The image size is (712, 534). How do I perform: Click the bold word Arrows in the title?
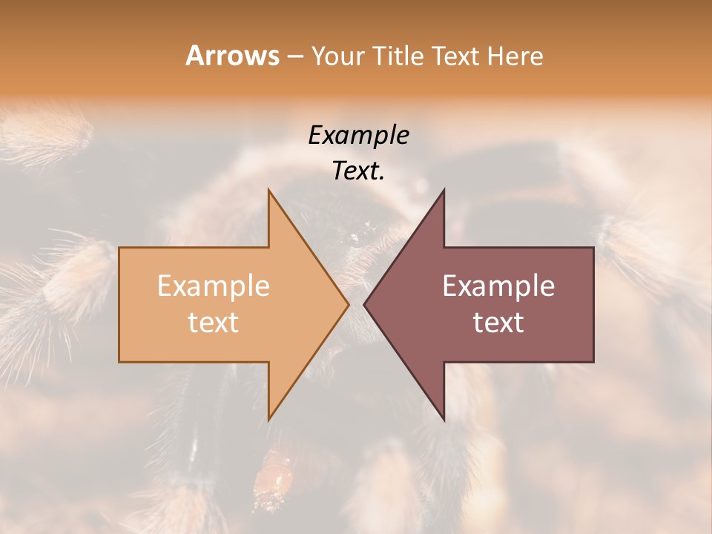click(x=232, y=56)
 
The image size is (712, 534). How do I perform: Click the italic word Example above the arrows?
click(x=358, y=135)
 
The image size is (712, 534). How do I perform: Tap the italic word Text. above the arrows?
click(x=358, y=171)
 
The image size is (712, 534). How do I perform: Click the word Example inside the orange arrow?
click(x=213, y=286)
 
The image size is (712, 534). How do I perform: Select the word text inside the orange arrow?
click(x=213, y=323)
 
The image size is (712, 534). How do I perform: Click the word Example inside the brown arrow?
click(x=498, y=286)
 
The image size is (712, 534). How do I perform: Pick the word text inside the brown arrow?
click(x=498, y=323)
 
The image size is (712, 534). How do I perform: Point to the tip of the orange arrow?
click(x=348, y=304)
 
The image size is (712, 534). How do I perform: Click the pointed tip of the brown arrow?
click(x=365, y=304)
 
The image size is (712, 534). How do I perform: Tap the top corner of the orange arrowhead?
click(x=269, y=191)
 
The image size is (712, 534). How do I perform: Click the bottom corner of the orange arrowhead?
click(x=269, y=419)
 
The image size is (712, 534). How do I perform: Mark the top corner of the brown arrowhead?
click(x=444, y=191)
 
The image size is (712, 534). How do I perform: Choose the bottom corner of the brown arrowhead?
click(x=444, y=419)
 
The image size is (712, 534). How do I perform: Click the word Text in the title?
click(x=455, y=56)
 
